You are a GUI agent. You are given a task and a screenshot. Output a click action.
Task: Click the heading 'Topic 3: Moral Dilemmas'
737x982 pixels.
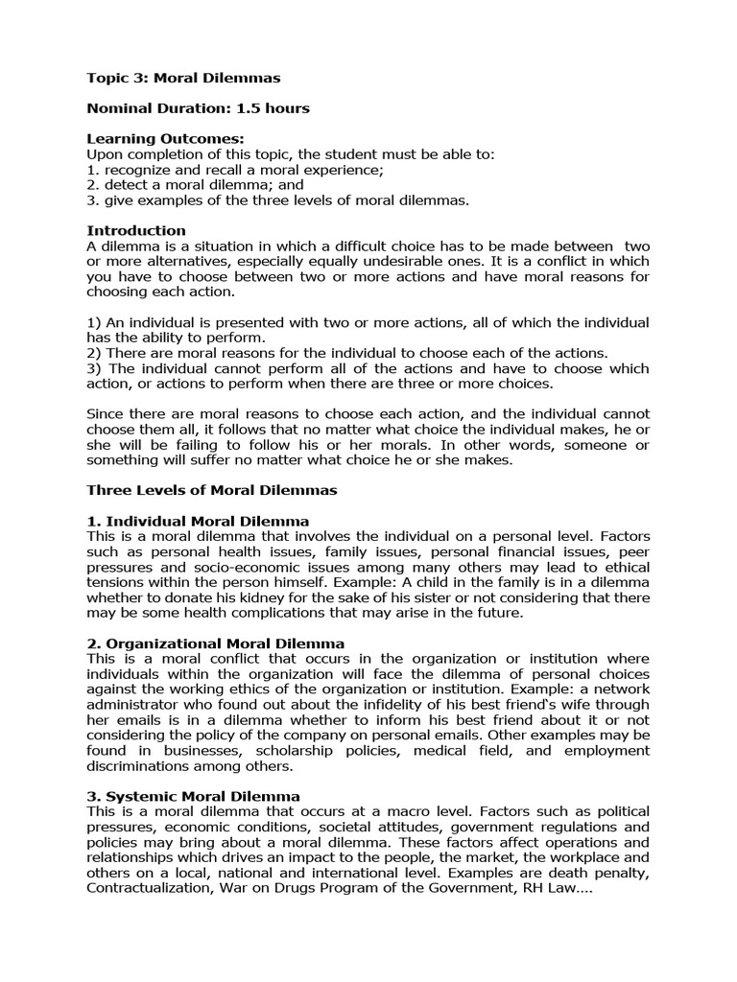[183, 78]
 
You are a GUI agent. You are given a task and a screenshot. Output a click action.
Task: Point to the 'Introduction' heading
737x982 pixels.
[136, 231]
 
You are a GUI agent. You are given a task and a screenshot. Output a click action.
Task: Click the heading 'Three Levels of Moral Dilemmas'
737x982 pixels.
[212, 490]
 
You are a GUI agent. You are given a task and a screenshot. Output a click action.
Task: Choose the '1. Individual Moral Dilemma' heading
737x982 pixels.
[198, 521]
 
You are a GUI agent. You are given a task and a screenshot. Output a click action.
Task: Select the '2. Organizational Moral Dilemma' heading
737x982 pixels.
[216, 643]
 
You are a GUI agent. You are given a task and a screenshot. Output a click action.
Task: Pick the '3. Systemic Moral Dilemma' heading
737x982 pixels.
[193, 797]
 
